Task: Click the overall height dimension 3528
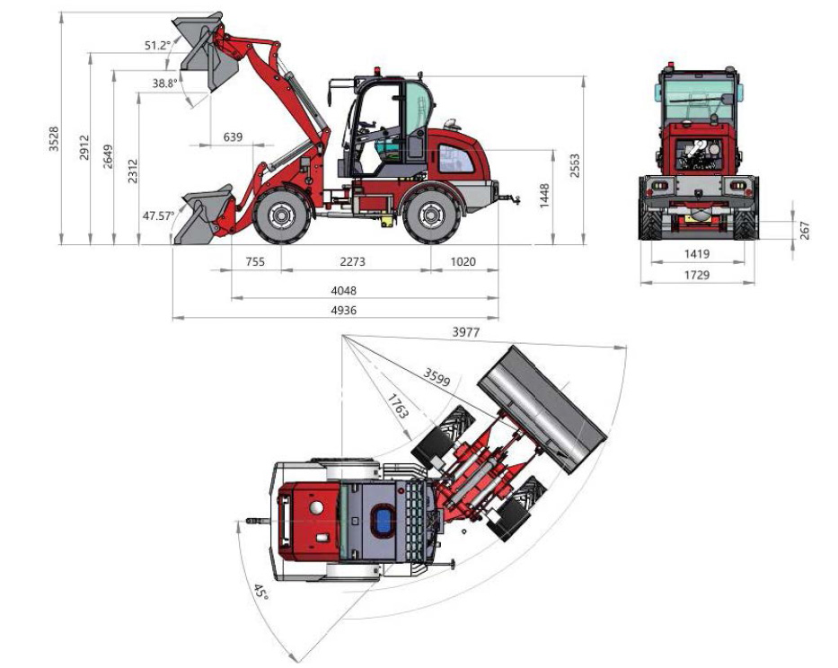pyautogui.click(x=54, y=139)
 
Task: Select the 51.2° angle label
pyautogui.click(x=156, y=46)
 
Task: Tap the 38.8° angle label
pyautogui.click(x=164, y=83)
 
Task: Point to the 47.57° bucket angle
pyautogui.click(x=159, y=216)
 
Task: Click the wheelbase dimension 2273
pyautogui.click(x=353, y=261)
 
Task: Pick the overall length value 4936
pyautogui.click(x=344, y=310)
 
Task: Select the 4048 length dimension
pyautogui.click(x=344, y=291)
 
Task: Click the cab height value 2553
pyautogui.click(x=575, y=166)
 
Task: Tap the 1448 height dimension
pyautogui.click(x=544, y=196)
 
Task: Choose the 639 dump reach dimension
pyautogui.click(x=233, y=137)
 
